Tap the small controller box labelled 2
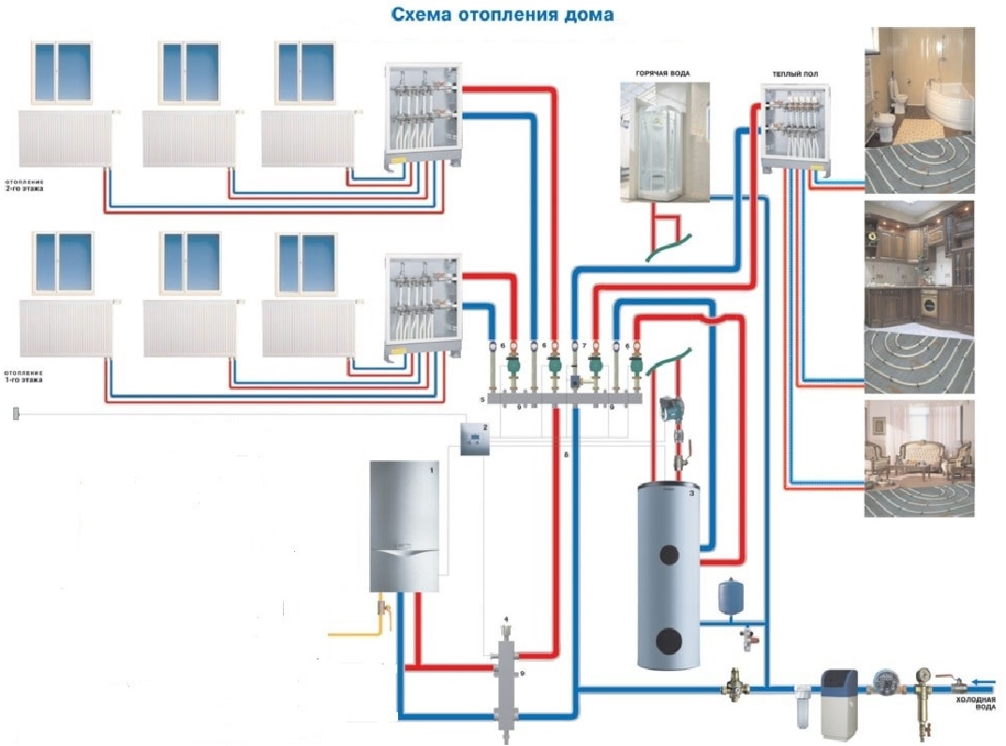pyautogui.click(x=475, y=438)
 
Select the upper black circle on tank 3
pyautogui.click(x=668, y=553)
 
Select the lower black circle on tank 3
pyautogui.click(x=668, y=642)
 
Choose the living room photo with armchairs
pyautogui.click(x=919, y=458)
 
